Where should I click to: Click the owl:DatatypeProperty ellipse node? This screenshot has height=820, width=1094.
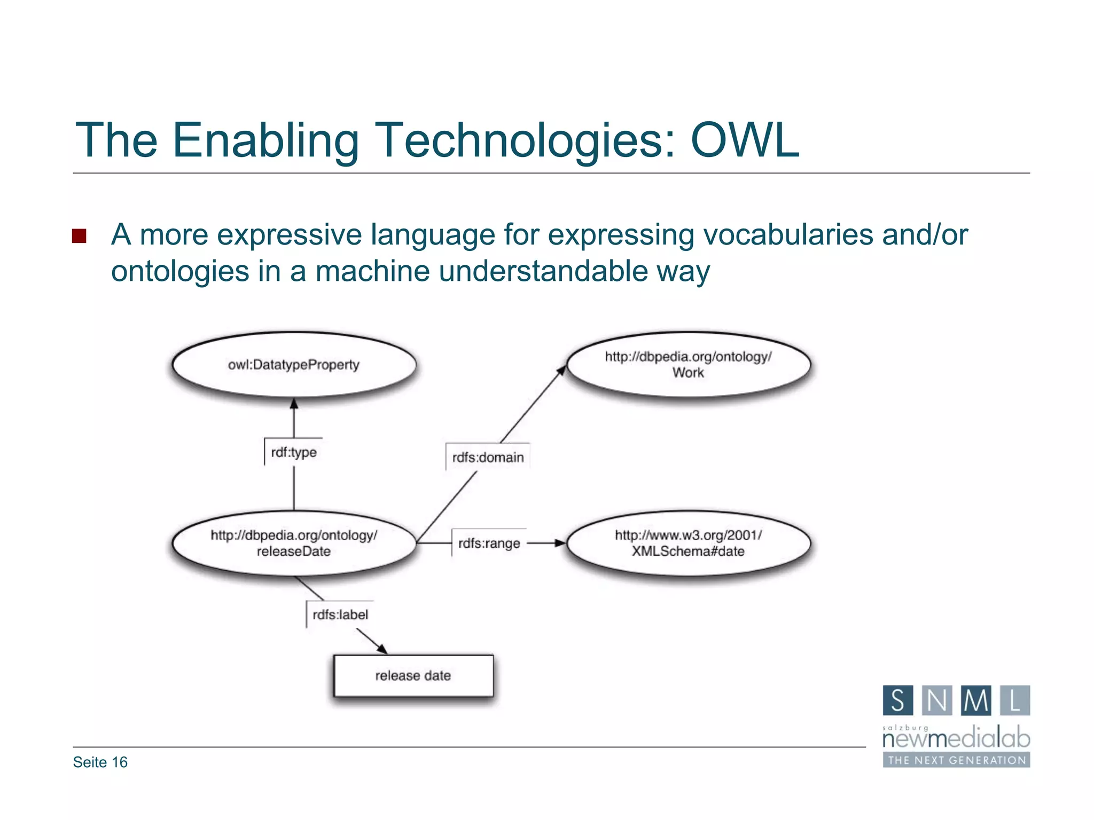294,365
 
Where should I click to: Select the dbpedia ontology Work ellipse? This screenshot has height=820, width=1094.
688,365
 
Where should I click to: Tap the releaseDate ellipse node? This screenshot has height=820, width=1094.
294,543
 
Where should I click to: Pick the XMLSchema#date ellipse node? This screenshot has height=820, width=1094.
688,543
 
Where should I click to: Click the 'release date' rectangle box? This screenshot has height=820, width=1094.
413,676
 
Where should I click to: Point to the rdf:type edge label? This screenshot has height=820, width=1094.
294,453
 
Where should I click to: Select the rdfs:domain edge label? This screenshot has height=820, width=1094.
488,458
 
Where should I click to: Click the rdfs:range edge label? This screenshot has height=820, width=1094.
489,543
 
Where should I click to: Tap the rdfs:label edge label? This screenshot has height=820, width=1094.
340,615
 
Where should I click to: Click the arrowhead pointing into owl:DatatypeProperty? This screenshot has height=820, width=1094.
294,404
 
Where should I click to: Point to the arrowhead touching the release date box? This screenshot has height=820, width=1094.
381,649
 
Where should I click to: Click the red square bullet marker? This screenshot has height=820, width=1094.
79,236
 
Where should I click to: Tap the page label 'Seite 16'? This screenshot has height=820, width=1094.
100,762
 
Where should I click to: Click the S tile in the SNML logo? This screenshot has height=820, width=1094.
897,700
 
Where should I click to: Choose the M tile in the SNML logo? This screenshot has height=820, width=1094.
975,700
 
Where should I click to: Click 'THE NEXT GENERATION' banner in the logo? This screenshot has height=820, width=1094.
956,760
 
